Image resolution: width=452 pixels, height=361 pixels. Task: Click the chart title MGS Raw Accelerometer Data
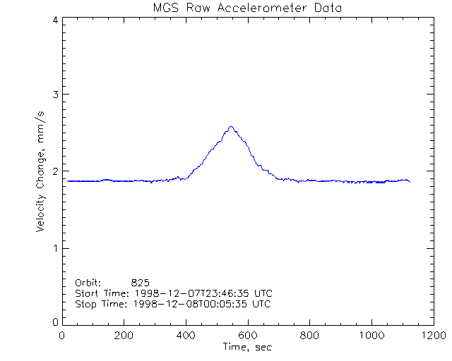[248, 8]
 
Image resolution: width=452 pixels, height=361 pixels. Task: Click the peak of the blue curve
[231, 126]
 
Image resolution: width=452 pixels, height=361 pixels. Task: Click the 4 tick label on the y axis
[54, 20]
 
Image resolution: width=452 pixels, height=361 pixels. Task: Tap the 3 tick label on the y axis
[54, 94]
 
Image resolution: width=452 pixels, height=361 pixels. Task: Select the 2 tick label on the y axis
[54, 171]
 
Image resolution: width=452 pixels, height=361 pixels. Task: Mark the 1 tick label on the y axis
[54, 248]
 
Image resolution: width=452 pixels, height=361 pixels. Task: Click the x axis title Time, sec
[247, 347]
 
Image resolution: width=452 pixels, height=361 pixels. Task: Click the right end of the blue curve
[410, 182]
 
